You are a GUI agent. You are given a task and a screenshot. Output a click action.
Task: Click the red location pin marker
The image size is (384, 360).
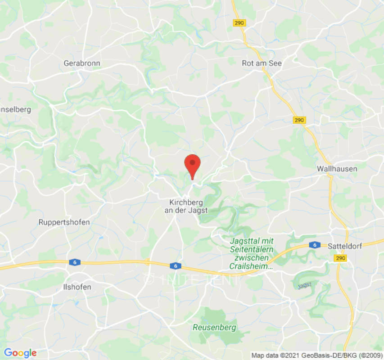pos(193,164)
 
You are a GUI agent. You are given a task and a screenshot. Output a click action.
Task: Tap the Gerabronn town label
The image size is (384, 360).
pos(82,63)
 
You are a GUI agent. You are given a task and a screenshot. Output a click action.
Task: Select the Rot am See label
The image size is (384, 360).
pos(262,63)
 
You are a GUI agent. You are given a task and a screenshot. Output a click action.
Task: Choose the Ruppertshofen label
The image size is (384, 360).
pos(64,222)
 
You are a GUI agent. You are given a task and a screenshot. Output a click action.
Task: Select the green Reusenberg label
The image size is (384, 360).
pos(214,328)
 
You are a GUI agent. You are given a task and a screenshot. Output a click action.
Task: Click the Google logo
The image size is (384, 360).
pos(20,352)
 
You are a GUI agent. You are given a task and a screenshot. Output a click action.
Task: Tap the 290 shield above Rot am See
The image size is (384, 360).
pos(239,22)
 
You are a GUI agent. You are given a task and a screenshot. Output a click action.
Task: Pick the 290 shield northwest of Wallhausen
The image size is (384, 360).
pos(299,120)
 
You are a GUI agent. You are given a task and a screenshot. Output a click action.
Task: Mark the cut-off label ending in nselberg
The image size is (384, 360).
pos(16,109)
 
